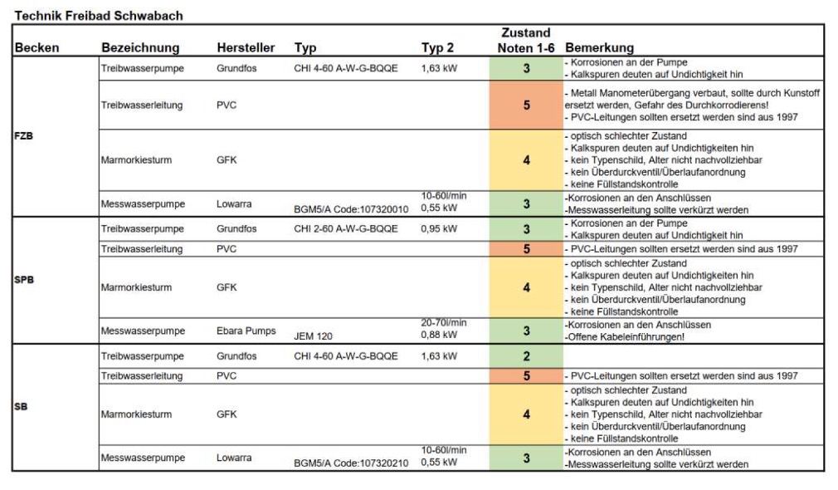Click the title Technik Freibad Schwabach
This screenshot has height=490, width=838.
point(99,16)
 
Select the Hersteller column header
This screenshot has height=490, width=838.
point(246,47)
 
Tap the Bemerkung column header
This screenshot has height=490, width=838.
point(599,47)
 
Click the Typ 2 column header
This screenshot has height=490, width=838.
point(437,47)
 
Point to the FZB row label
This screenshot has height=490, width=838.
point(23,136)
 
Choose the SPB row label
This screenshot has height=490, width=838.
point(24,279)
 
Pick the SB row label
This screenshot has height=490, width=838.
point(21,407)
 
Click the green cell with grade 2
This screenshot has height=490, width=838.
point(526,355)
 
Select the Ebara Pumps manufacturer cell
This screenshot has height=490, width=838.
point(246,331)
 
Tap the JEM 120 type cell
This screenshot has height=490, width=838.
point(313,336)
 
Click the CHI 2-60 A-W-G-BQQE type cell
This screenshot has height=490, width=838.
point(346,228)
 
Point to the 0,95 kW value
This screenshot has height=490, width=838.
point(439,228)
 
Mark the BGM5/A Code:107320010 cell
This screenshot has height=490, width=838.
point(351,209)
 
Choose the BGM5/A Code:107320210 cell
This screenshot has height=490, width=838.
point(351,463)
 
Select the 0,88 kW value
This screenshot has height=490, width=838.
point(439,335)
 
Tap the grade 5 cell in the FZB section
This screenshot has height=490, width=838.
point(526,105)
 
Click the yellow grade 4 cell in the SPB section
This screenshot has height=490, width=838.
point(526,287)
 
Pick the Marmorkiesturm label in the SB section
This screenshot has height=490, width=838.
point(136,414)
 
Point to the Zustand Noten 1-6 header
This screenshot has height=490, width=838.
point(526,40)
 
